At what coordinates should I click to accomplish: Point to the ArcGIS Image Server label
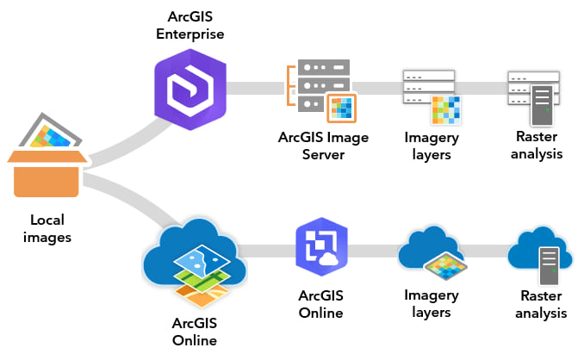(311, 146)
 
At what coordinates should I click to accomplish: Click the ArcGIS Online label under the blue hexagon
(320, 304)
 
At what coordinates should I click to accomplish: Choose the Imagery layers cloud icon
(431, 255)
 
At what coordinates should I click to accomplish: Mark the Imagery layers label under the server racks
(431, 146)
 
